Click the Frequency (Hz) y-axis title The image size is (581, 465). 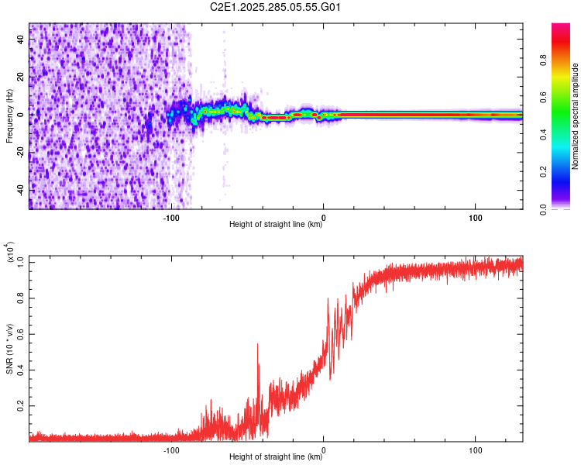pos(9,116)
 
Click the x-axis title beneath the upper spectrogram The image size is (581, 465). pos(276,225)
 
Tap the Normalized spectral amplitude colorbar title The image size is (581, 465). pos(576,116)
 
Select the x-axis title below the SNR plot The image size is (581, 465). pos(276,457)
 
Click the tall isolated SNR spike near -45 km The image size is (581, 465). pos(258,346)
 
